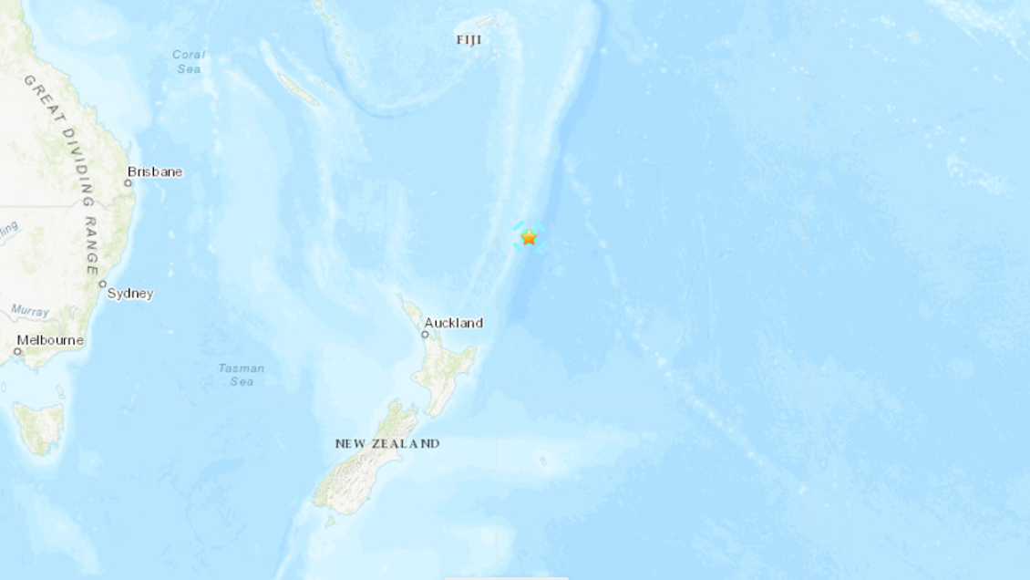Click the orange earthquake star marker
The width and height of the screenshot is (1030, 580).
(529, 237)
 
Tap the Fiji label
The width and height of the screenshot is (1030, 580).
(469, 40)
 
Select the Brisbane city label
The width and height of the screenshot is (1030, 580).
(155, 171)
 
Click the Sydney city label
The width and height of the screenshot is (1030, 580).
(130, 294)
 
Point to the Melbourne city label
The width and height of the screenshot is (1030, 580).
(50, 340)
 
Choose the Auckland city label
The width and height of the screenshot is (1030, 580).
(454, 323)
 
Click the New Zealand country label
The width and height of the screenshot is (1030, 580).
(387, 444)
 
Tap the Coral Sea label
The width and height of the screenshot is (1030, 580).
(189, 61)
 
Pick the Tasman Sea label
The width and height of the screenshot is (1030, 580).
(242, 375)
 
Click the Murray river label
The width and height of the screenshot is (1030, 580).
(30, 312)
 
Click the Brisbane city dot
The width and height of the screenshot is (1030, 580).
(128, 183)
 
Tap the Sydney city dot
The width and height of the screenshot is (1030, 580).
(103, 285)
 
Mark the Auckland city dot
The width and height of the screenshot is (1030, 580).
(424, 335)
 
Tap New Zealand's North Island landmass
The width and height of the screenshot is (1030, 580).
(447, 369)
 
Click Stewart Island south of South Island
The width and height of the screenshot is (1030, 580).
(330, 522)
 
